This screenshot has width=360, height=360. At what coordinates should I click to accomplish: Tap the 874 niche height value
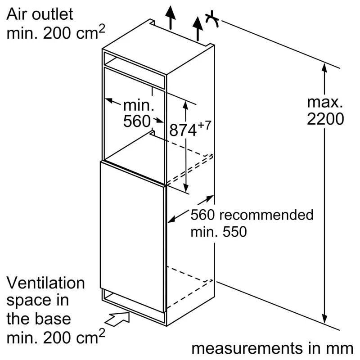click(x=184, y=130)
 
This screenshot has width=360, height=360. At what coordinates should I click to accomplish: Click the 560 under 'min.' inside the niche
click(x=136, y=121)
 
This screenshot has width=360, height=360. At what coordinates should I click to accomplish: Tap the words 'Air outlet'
click(x=39, y=14)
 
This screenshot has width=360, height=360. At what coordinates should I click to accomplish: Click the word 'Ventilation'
click(x=45, y=283)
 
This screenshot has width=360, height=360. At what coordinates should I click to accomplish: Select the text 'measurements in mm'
click(x=272, y=348)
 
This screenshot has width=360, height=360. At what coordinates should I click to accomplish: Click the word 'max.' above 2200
click(x=325, y=101)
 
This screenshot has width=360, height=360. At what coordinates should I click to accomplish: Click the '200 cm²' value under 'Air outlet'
click(x=74, y=33)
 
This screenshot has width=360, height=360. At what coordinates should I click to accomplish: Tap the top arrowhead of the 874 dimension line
click(x=185, y=104)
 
